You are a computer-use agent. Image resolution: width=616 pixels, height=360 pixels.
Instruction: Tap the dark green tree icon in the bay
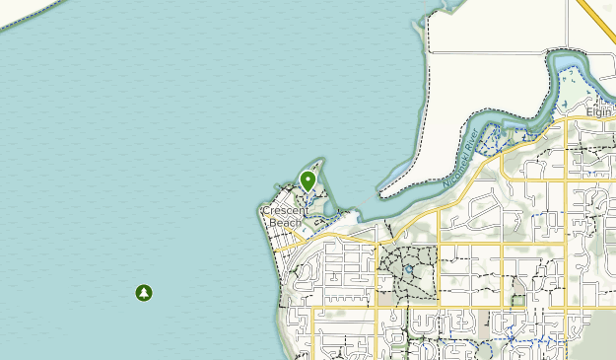tap(144, 292)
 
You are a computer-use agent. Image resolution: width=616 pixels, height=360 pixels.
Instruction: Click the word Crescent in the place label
tap(286, 210)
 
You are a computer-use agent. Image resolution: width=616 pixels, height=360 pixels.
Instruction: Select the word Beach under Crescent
tap(285, 223)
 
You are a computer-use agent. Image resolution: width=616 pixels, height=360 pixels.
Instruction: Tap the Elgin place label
tap(599, 112)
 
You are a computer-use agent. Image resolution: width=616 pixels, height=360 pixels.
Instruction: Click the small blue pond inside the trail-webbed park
tap(407, 268)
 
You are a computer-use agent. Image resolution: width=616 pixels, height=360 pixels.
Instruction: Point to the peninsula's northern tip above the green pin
tap(318, 160)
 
